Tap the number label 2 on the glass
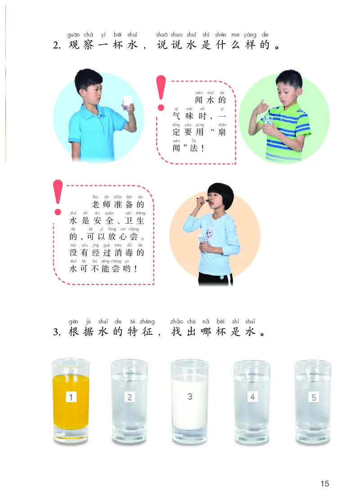point(130,397)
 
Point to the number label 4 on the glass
point(252,397)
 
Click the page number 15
point(324,484)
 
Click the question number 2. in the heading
point(57,47)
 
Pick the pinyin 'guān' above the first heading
point(73,35)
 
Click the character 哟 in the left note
point(129,269)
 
